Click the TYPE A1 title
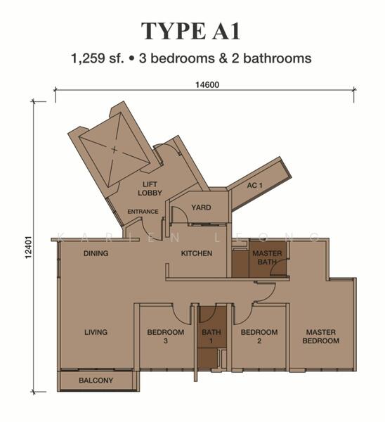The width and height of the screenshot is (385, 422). coord(190,31)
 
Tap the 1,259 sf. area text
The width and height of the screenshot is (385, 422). coord(98,58)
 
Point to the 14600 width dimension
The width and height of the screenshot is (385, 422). coord(207,85)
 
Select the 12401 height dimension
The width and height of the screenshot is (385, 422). coord(28,248)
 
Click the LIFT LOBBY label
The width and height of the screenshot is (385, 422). coord(150,188)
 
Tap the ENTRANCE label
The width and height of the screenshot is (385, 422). coord(143,212)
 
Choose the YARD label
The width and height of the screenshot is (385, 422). coord(201,207)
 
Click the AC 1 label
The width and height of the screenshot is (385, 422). coord(254,185)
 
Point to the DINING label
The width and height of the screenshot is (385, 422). coord(96,253)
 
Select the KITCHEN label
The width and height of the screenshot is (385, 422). coord(197,253)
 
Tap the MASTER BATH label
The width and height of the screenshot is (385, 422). coord(267,257)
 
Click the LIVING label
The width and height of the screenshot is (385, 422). coord(96,332)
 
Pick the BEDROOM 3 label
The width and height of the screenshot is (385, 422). coord(166,336)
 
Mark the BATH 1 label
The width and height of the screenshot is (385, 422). coord(211,336)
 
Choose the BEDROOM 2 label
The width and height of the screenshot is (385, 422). coord(259,336)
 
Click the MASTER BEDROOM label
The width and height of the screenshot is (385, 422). coord(321,336)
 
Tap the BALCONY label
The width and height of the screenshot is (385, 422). coord(96,381)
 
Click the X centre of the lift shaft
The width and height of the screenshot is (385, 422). coord(115,149)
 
